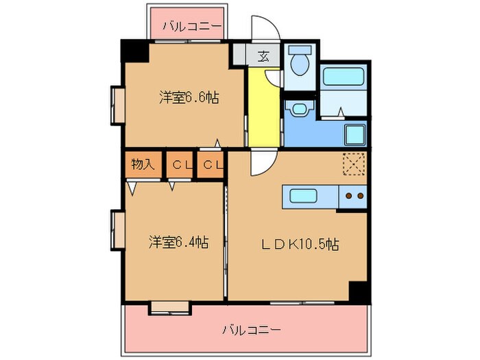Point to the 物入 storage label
point(143,165)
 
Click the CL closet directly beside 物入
point(180,165)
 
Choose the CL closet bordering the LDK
point(212,165)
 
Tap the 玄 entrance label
point(263,56)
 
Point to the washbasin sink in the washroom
point(299,110)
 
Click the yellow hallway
point(263,110)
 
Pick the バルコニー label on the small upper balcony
point(192,27)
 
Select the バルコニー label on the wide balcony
point(251,330)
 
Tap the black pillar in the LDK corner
point(359,291)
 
